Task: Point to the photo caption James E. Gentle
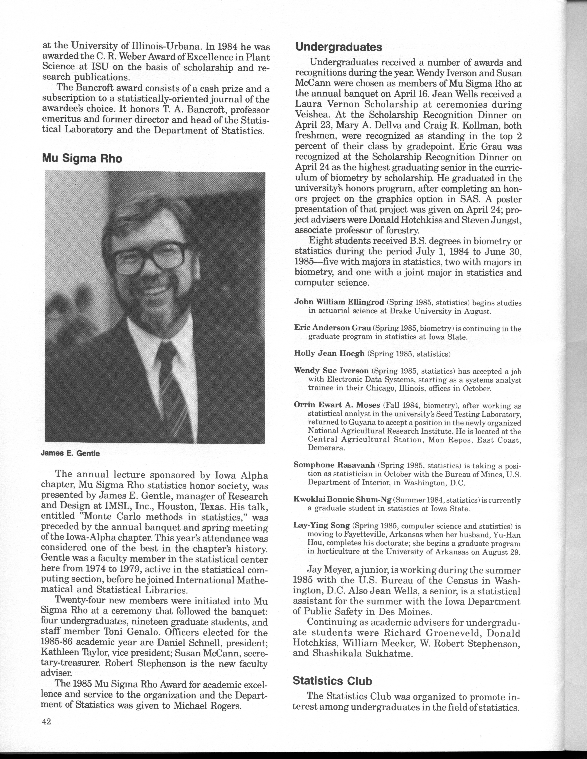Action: pyautogui.click(x=70, y=454)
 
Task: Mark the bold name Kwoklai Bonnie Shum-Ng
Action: pyautogui.click(x=343, y=500)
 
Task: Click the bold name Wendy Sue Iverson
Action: pyautogui.click(x=331, y=371)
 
